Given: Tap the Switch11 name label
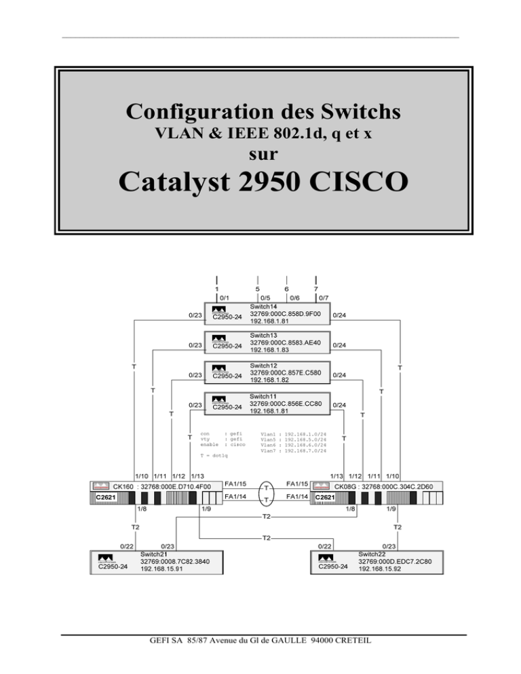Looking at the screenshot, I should [x=263, y=396].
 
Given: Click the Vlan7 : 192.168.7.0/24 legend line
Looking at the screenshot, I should [x=293, y=450].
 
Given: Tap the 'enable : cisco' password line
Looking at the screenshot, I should [x=221, y=444].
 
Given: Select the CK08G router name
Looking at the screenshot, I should [x=347, y=486].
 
